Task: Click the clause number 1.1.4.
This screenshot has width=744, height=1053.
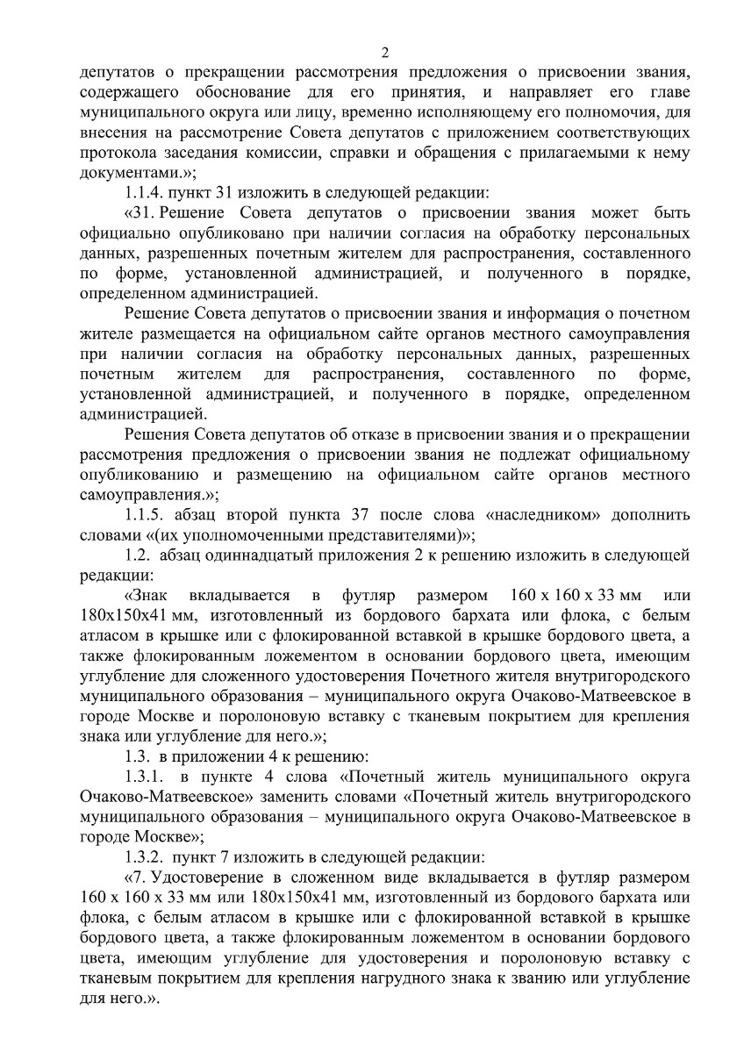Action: tap(147, 193)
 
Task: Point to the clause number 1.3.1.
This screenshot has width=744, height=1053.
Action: tap(147, 777)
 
